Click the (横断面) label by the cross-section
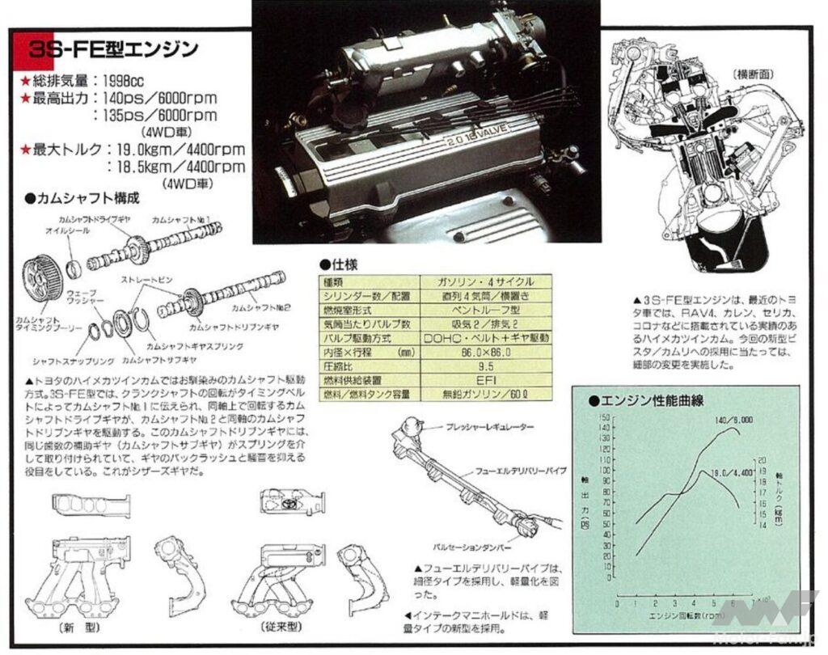756,74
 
